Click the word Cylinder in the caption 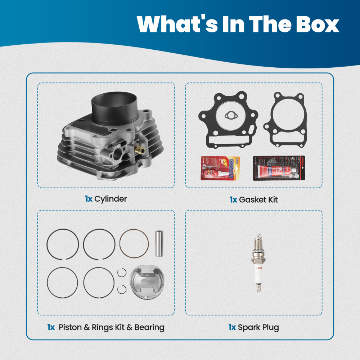(111, 199)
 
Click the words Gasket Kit (258, 199)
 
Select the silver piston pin (159, 243)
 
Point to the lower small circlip (122, 288)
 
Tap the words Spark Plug (258, 327)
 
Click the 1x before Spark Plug (232, 327)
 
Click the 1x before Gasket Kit (233, 199)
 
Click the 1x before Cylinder (88, 199)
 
